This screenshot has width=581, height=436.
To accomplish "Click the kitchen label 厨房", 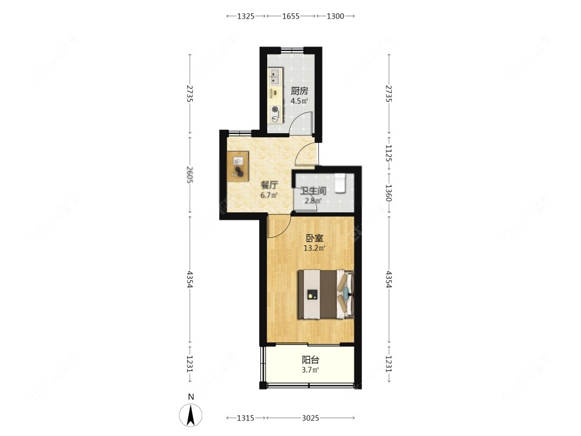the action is (x=299, y=91).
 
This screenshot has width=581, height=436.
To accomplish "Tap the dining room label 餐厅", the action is (x=270, y=185).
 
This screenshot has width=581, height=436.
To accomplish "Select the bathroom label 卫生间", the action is (x=313, y=191).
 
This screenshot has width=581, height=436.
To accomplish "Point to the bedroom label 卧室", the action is (x=314, y=238).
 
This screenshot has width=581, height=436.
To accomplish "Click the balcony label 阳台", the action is (x=310, y=360).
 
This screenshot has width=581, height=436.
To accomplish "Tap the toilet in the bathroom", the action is (x=340, y=183).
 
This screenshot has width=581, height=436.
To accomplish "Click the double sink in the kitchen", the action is (x=275, y=77).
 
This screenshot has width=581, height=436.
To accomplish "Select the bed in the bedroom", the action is (x=326, y=294).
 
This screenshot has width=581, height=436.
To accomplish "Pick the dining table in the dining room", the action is (x=238, y=166).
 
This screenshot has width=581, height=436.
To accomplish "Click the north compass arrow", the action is (x=191, y=415).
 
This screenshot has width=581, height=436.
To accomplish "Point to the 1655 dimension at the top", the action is (x=291, y=16).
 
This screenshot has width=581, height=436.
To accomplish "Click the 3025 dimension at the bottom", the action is (x=310, y=418).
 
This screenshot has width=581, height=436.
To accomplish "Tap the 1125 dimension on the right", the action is (x=388, y=153).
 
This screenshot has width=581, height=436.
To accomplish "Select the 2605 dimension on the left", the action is (x=190, y=174).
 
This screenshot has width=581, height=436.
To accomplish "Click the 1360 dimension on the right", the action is (x=388, y=193).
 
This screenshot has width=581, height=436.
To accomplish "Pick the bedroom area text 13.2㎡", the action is (x=314, y=248).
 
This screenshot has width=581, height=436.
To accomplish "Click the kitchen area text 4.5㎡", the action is (x=299, y=101).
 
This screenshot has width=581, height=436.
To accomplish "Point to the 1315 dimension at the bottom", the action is (x=246, y=418).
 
